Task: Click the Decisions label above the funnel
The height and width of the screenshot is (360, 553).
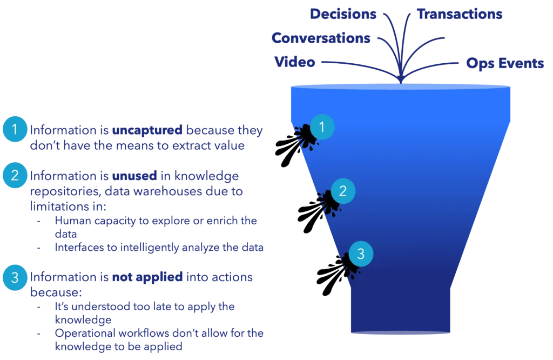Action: pyautogui.click(x=342, y=15)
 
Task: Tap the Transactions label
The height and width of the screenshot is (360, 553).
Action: pyautogui.click(x=460, y=15)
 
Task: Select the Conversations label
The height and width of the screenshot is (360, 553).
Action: pyautogui.click(x=321, y=38)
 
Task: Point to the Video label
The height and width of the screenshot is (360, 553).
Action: pyautogui.click(x=295, y=62)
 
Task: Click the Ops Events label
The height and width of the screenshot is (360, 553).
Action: pyautogui.click(x=505, y=63)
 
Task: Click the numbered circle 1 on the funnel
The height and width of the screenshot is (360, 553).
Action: pyautogui.click(x=322, y=127)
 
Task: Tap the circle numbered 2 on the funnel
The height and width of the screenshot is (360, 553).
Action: pyautogui.click(x=342, y=190)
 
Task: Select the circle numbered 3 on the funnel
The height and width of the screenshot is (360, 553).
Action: pyautogui.click(x=361, y=253)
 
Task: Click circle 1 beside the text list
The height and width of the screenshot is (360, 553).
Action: pyautogui.click(x=15, y=129)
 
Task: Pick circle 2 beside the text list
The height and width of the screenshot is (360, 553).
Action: pyautogui.click(x=15, y=175)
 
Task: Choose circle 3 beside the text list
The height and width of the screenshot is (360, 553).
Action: pyautogui.click(x=15, y=278)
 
